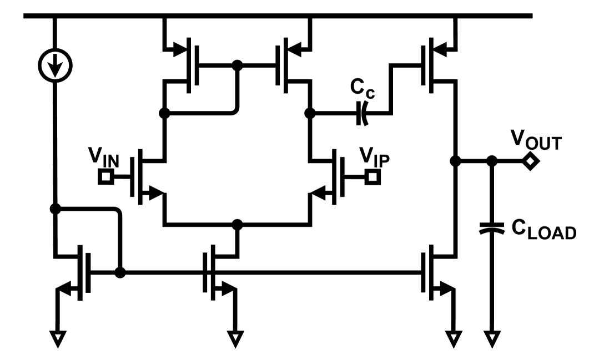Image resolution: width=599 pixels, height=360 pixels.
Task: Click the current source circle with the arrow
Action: click(54, 67)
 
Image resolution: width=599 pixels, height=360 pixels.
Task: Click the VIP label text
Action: click(374, 157)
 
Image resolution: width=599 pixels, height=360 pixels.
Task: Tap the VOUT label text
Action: click(536, 143)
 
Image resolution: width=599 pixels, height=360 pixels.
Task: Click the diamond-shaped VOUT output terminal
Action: click(531, 162)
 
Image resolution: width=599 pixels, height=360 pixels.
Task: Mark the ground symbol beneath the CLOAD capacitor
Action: click(491, 337)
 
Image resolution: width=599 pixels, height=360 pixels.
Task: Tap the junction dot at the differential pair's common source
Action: click(238, 225)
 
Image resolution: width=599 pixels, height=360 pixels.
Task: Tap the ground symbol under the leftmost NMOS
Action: click(57, 337)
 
